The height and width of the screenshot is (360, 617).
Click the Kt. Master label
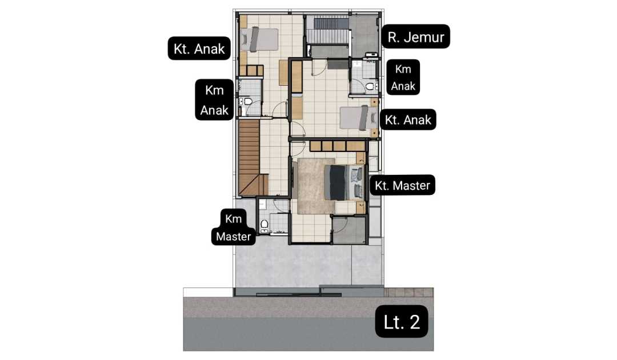pyautogui.click(x=402, y=185)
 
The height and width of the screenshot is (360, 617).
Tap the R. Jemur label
pyautogui.click(x=415, y=37)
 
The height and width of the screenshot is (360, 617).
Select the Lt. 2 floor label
pyautogui.click(x=402, y=322)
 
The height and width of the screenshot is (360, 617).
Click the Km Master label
pyautogui.click(x=233, y=227)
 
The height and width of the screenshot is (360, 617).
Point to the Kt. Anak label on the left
pyautogui.click(x=199, y=49)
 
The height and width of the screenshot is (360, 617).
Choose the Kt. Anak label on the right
pyautogui.click(x=408, y=119)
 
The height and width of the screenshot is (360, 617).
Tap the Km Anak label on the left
pyautogui.click(x=214, y=100)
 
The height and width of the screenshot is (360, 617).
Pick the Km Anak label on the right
pyautogui.click(x=403, y=77)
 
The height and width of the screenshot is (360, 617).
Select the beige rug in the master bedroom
pyautogui.click(x=315, y=186)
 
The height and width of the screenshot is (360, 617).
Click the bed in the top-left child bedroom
pyautogui.click(x=259, y=39)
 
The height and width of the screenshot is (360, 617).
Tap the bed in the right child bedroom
pyautogui.click(x=355, y=118)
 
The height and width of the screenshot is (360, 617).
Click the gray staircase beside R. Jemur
pyautogui.click(x=327, y=31)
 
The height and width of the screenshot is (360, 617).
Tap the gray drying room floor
pyautogui.click(x=364, y=36)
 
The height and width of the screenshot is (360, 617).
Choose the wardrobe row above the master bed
pyautogui.click(x=337, y=146)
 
